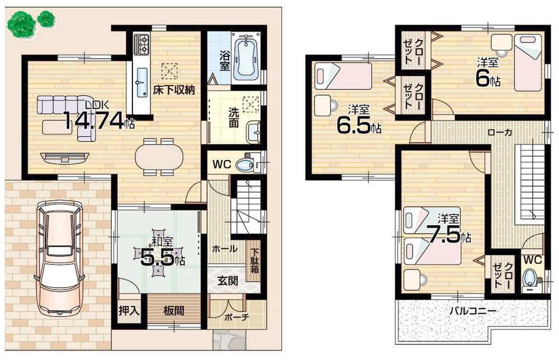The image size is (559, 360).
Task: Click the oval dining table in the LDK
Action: [159, 157]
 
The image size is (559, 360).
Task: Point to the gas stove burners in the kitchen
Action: [141, 44]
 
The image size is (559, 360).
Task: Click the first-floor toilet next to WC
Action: [246, 165]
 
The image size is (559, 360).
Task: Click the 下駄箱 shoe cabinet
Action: [254, 260]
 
